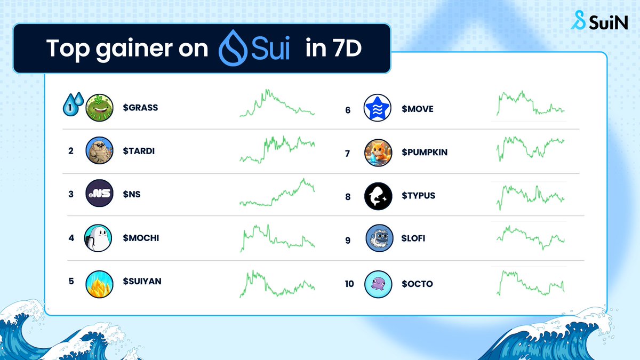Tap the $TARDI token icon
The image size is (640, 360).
click(x=99, y=151)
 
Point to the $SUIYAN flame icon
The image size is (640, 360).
click(x=99, y=281)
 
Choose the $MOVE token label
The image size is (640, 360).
click(x=418, y=109)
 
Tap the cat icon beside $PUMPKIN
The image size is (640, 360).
click(x=378, y=153)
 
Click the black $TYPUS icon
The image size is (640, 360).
click(x=378, y=196)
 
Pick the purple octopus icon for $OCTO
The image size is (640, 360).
click(x=378, y=284)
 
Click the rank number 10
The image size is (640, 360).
click(x=349, y=284)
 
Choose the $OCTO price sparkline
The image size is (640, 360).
click(x=531, y=283)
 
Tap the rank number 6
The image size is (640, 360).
click(x=348, y=110)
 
